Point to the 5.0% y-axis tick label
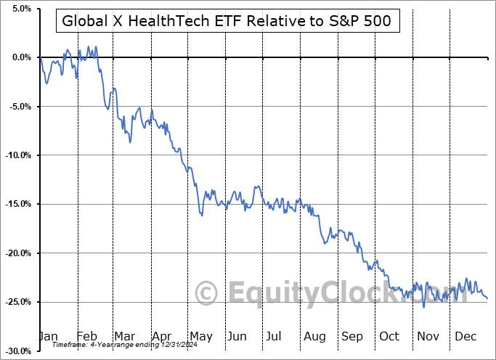(x=18, y=9)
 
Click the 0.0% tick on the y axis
(x=18, y=57)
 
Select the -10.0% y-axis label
(x=17, y=155)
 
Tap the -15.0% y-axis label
(x=17, y=204)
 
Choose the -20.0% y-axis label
(x=17, y=253)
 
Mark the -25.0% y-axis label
(x=17, y=302)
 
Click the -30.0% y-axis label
(x=17, y=351)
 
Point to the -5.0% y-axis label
(x=18, y=107)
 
